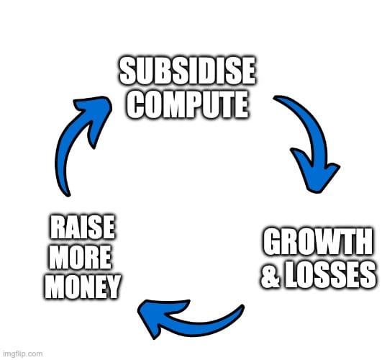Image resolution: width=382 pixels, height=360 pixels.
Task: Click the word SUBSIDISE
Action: (188, 71)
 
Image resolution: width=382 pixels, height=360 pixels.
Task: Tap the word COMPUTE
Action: (187, 104)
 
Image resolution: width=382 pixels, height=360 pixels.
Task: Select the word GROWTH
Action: (318, 242)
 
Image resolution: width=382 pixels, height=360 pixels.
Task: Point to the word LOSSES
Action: (330, 274)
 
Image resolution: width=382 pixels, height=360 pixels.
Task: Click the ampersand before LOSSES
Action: (271, 274)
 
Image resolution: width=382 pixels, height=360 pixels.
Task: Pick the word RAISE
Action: (82, 228)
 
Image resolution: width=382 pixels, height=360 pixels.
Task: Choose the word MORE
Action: (81, 257)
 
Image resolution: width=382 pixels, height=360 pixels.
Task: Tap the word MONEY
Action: (82, 287)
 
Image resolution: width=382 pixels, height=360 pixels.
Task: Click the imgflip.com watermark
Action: (23, 354)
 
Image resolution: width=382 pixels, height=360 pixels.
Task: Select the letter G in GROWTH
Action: (272, 242)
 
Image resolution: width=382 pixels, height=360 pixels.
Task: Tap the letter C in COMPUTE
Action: (134, 104)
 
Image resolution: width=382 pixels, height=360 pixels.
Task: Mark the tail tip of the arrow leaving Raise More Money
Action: (68, 195)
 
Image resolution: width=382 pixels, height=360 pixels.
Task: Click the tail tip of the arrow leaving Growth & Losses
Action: (242, 306)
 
